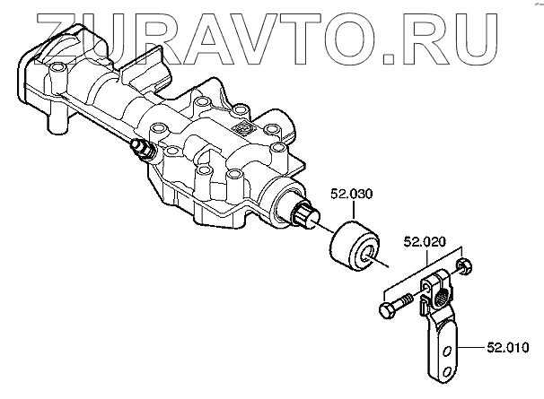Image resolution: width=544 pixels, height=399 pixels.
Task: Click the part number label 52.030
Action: pyautogui.click(x=353, y=193)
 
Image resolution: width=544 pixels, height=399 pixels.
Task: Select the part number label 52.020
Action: pyautogui.click(x=425, y=240)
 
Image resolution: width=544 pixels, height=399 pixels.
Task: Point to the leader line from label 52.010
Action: pyautogui.click(x=475, y=343)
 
